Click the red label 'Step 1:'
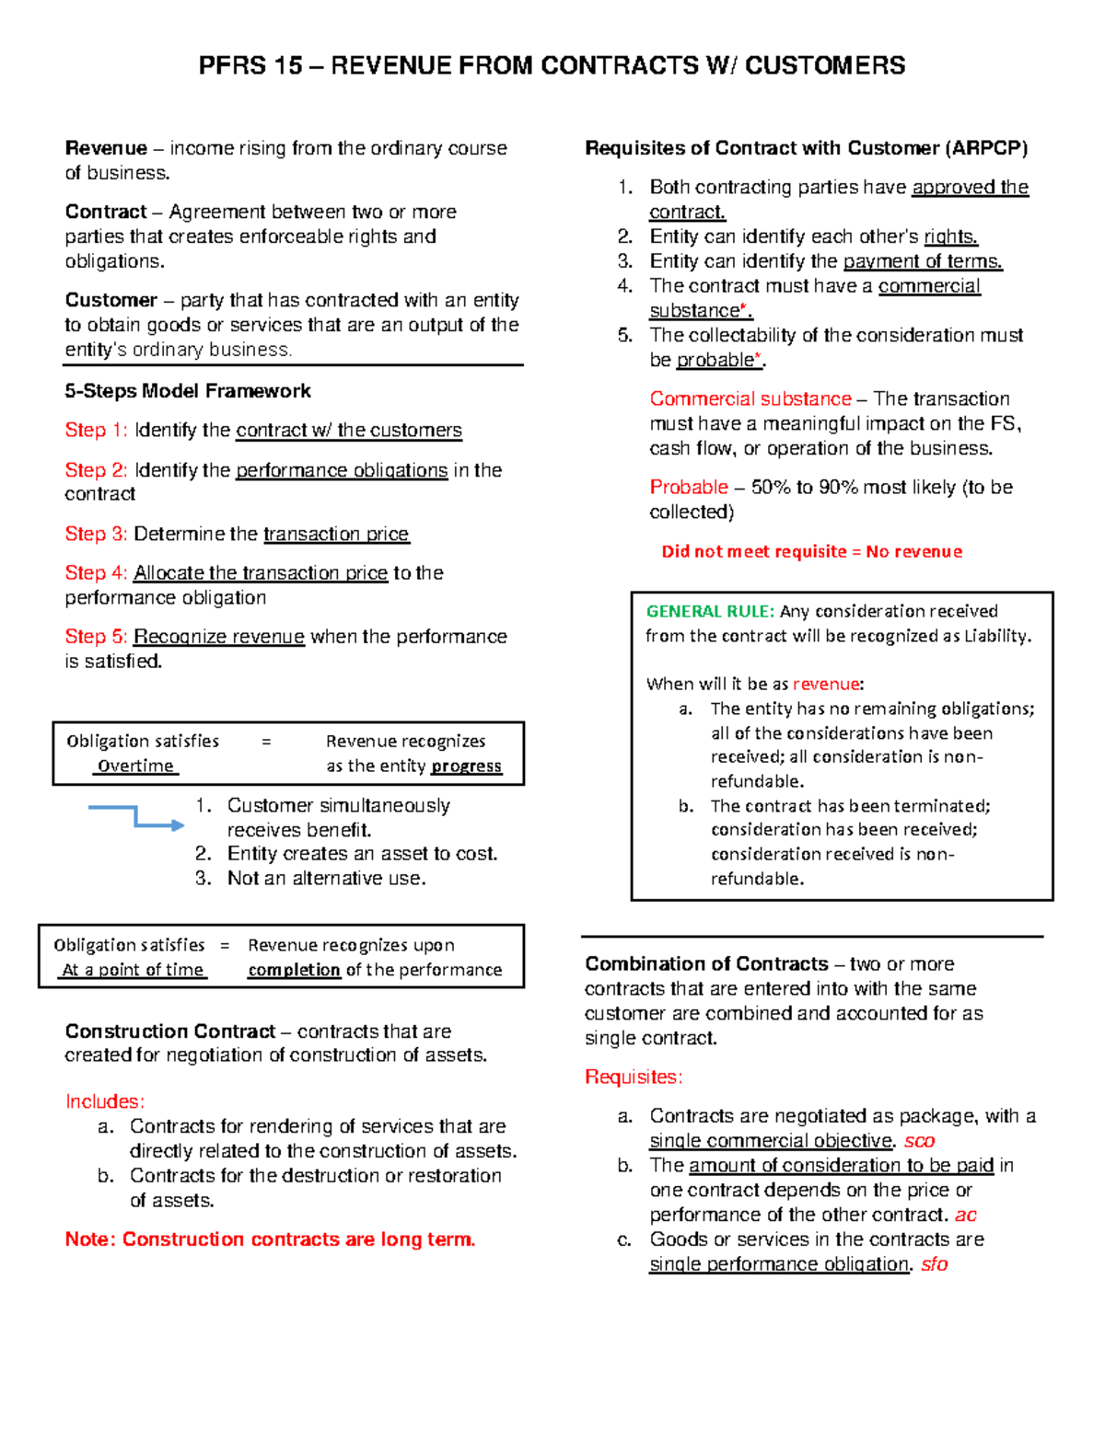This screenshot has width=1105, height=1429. pyautogui.click(x=96, y=430)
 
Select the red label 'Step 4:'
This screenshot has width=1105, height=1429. pyautogui.click(x=96, y=572)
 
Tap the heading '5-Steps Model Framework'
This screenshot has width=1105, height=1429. pyautogui.click(x=188, y=391)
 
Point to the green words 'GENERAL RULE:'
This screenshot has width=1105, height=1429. pyautogui.click(x=709, y=611)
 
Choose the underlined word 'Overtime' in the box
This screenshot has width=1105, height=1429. pyautogui.click(x=135, y=766)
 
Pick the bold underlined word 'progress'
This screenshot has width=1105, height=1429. pyautogui.click(x=466, y=766)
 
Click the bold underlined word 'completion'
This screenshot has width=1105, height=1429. pyautogui.click(x=294, y=970)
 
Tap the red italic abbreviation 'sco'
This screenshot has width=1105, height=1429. pyautogui.click(x=919, y=1141)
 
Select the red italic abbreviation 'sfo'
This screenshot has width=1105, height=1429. pyautogui.click(x=934, y=1264)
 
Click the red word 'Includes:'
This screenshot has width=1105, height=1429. pyautogui.click(x=105, y=1101)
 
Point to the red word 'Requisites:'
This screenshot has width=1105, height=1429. pyautogui.click(x=634, y=1077)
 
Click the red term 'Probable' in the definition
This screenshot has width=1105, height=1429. pyautogui.click(x=689, y=487)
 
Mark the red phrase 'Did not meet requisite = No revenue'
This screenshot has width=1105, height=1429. pyautogui.click(x=811, y=551)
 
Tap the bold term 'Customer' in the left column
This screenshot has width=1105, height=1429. pyautogui.click(x=111, y=300)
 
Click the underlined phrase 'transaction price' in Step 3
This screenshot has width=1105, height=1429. pyautogui.click(x=335, y=534)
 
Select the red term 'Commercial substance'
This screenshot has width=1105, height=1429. pyautogui.click(x=750, y=398)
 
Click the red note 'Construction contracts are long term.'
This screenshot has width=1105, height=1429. pyautogui.click(x=270, y=1239)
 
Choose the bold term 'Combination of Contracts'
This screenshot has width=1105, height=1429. pyautogui.click(x=706, y=963)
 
